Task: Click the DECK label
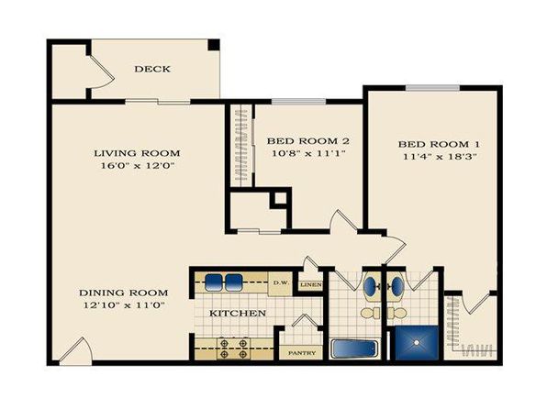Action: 152,69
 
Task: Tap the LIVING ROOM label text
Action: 137,153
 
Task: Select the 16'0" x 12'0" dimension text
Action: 137,165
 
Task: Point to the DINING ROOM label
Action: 124,293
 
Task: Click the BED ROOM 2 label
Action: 308,141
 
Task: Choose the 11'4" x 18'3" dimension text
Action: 440,156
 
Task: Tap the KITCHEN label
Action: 237,313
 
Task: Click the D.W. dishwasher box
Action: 280,284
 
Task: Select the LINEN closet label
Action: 311,285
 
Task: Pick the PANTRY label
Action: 302,353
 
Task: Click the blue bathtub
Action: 354,348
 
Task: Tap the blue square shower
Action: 416,343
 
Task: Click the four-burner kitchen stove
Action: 234,348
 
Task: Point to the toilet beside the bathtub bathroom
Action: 371,313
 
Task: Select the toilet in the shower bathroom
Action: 396,313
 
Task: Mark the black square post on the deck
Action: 214,44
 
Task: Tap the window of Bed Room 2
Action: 298,102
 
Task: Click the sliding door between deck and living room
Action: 158,102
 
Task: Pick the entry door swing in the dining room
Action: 75,350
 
